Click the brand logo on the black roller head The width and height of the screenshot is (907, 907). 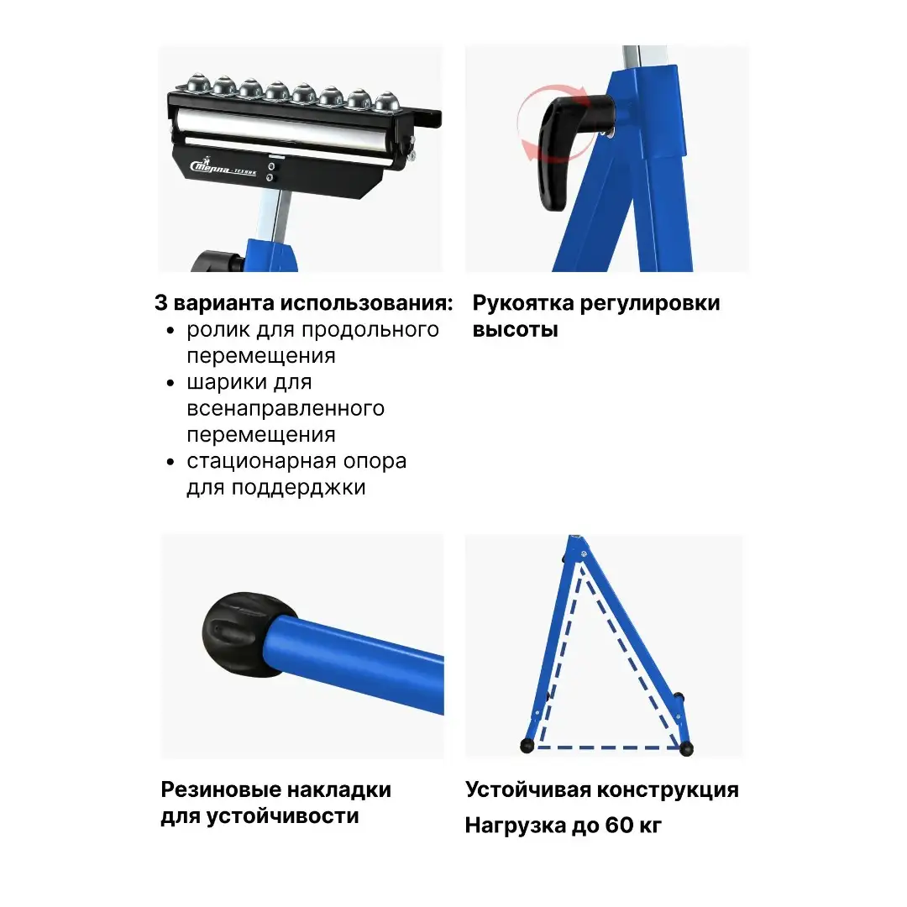223,168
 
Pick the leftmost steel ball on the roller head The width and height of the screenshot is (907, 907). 197,82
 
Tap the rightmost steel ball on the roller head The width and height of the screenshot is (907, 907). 385,102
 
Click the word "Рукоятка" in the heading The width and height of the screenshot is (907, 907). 523,303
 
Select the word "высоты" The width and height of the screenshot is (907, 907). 515,330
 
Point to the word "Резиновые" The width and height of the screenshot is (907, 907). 220,789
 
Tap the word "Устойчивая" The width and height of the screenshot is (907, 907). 527,790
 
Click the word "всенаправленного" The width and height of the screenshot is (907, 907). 286,408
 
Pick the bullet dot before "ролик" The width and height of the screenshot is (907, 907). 170,331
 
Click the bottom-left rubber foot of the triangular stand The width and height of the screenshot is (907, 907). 527,746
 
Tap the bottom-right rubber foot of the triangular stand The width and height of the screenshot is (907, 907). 686,748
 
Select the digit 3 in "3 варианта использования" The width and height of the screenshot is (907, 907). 160,303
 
